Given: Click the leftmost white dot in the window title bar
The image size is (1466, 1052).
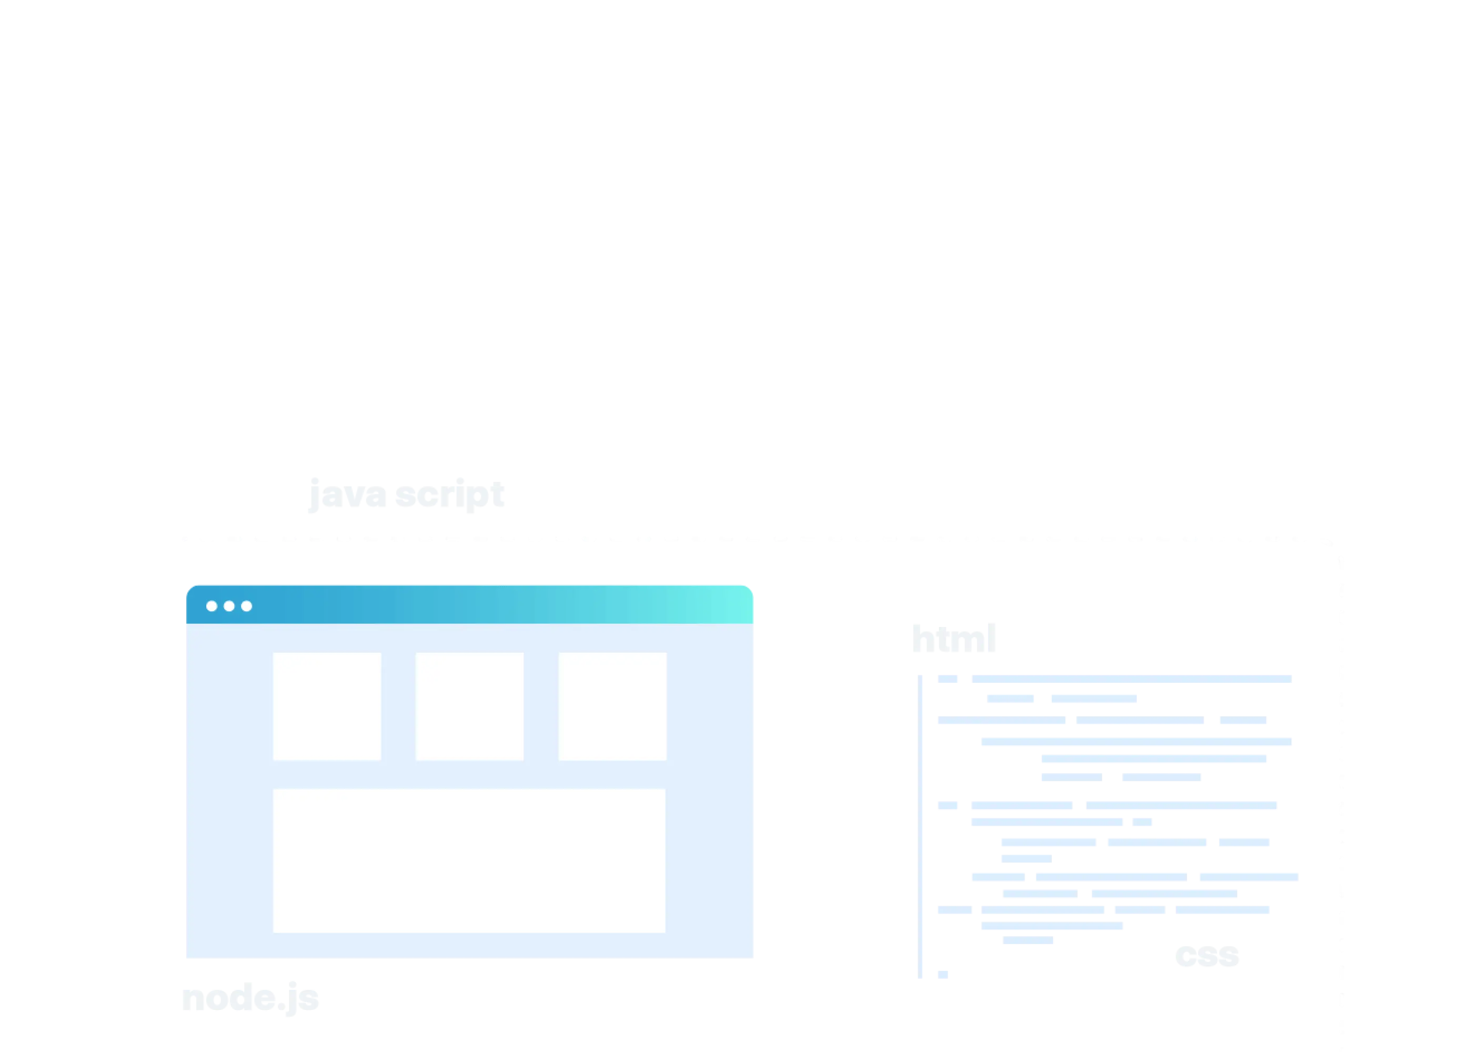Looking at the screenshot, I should pos(212,606).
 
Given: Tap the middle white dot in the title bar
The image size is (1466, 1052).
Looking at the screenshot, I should pos(229,606).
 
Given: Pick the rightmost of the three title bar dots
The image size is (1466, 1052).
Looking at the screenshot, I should pos(246,606).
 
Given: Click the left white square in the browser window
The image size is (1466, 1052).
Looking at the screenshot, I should pos(327,706).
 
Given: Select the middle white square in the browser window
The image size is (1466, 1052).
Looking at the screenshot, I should pos(469,706).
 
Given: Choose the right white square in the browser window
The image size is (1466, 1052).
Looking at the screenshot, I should pos(612,706).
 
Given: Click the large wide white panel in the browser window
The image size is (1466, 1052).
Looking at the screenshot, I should pos(469,860).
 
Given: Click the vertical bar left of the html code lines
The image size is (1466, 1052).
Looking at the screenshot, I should pos(922,826).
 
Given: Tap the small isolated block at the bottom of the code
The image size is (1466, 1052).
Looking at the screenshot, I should pos(943,974).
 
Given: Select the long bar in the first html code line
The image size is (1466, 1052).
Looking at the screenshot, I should pos(1130,679).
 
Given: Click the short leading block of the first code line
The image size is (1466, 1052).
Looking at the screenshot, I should pos(947,679).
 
